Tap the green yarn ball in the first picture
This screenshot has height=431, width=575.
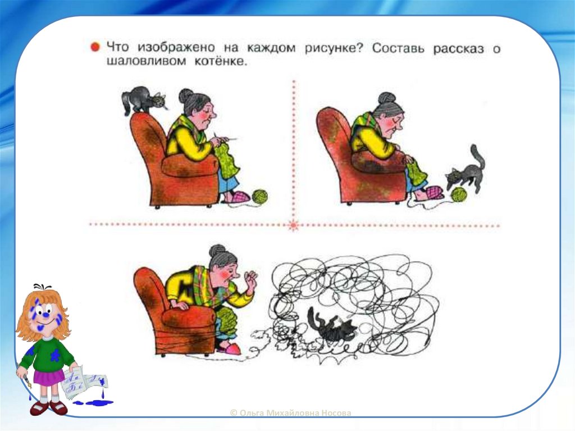[x=259, y=197]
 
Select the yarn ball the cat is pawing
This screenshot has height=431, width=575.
[x=459, y=194]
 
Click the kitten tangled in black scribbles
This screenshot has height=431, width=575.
[x=332, y=325]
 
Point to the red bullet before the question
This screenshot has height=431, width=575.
[x=95, y=47]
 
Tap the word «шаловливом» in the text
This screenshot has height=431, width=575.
[x=147, y=61]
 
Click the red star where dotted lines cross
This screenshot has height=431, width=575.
[x=293, y=225]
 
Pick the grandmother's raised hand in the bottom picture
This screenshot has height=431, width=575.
[x=252, y=279]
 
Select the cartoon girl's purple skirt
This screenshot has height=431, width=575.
[x=49, y=377]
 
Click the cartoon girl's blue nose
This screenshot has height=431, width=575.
[x=46, y=314]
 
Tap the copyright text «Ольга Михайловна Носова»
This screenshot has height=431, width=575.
[x=290, y=413]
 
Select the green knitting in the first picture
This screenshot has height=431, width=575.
[x=228, y=161]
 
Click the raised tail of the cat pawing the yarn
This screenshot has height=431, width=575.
[x=478, y=157]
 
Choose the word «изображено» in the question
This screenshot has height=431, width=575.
[x=176, y=47]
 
